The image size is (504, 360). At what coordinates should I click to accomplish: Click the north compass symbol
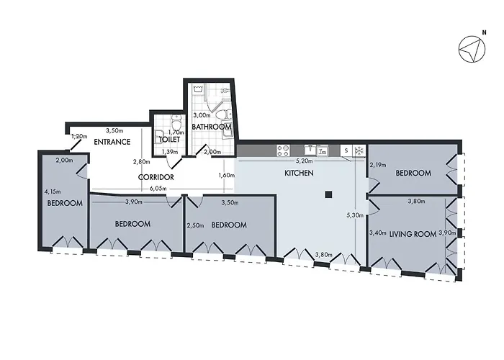[x=472, y=49]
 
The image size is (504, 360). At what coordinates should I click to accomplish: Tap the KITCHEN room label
[x=299, y=173]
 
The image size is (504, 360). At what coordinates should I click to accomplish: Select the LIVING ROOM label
[x=413, y=234]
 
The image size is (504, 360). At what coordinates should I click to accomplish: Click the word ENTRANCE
[x=112, y=142]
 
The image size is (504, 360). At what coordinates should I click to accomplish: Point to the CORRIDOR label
[x=156, y=177]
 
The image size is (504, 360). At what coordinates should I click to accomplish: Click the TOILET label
[x=169, y=140]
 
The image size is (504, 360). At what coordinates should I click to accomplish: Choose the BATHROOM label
[x=212, y=127]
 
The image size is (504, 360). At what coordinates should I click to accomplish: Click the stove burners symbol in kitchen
[x=284, y=150]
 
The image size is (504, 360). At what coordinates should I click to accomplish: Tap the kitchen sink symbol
[x=310, y=150]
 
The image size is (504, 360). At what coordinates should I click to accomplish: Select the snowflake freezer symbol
[x=359, y=150]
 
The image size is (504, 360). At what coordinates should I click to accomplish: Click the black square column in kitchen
[x=328, y=194]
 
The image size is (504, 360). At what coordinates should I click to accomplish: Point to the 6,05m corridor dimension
[x=158, y=189]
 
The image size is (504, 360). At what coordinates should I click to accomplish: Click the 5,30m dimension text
[x=355, y=215]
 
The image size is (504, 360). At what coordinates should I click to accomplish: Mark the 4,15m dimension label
[x=53, y=192]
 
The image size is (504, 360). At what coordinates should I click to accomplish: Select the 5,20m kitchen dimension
[x=304, y=161]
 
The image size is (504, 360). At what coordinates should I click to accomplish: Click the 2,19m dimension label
[x=378, y=165]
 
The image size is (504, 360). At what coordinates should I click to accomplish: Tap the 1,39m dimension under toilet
[x=170, y=152]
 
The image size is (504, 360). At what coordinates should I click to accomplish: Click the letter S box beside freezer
[x=346, y=150]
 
